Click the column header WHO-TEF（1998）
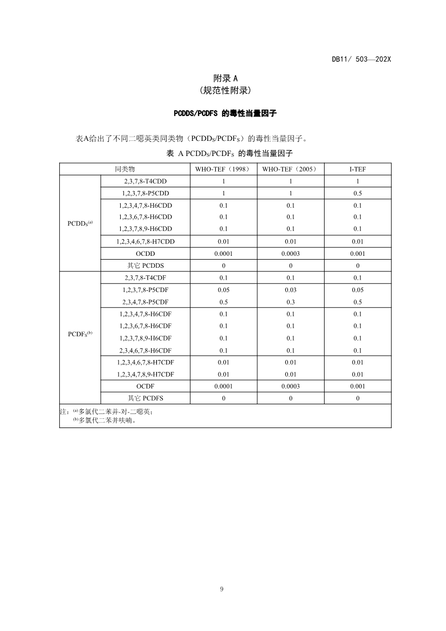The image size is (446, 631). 223,169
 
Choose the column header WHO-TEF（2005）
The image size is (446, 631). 290,169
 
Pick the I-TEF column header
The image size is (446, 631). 358,169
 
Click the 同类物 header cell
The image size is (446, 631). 125,169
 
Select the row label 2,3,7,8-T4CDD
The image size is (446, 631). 146,181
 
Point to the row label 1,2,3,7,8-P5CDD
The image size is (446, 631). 146,193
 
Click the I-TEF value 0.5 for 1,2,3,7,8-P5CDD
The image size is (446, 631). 358,193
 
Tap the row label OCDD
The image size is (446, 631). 146,253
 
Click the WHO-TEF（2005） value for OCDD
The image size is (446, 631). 290,253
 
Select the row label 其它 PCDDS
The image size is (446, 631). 146,266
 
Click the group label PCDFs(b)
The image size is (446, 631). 80,334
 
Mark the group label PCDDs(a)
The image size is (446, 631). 80,223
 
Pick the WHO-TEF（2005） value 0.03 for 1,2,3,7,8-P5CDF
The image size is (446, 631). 290,290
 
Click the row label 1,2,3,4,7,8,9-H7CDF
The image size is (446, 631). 146,374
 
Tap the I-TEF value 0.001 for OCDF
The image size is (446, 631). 358,386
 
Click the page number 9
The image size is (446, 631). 222,589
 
